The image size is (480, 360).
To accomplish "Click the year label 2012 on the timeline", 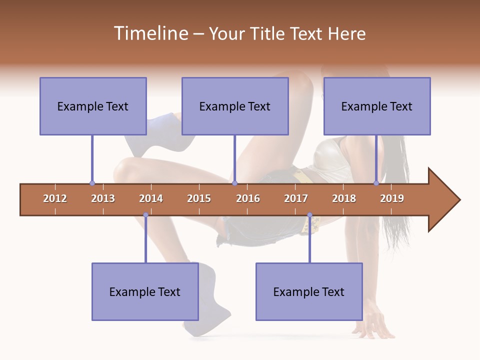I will [x=55, y=198].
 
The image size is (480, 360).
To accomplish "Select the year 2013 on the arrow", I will [x=103, y=198].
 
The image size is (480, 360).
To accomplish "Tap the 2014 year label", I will [x=151, y=198].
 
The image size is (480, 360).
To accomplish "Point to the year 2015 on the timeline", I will [x=199, y=198].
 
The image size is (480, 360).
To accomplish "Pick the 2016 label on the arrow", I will [x=248, y=198].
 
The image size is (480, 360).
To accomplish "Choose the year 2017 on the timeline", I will [x=296, y=198].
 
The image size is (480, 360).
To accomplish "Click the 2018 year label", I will [x=344, y=198].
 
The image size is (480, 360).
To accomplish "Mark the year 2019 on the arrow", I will [x=392, y=198].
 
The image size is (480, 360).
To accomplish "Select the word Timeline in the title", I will [x=149, y=33].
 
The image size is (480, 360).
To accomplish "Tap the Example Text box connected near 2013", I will [x=93, y=106].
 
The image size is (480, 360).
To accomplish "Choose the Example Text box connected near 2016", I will [x=235, y=106].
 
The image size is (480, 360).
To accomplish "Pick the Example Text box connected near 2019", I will [x=377, y=106].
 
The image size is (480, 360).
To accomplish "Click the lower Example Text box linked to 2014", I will [x=145, y=291].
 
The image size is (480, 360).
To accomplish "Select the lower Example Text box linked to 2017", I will [x=309, y=291].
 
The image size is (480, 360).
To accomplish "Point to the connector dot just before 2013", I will [x=92, y=183].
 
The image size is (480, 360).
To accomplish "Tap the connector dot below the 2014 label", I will [x=145, y=215].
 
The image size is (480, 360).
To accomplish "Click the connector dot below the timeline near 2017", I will [x=309, y=215].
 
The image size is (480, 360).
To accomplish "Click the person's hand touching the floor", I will [x=372, y=325].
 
